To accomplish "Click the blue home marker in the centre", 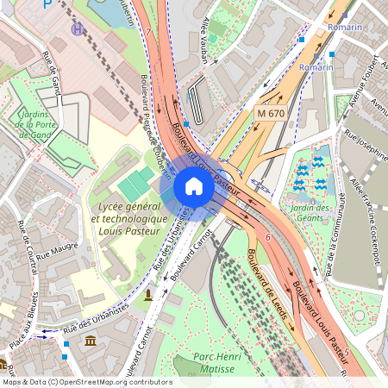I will pyautogui.click(x=194, y=186).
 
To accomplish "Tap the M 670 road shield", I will pyautogui.click(x=270, y=113).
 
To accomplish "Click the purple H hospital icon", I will pyautogui.click(x=79, y=29).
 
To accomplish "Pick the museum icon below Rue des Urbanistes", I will pyautogui.click(x=91, y=344).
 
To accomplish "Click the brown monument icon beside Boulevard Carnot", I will pyautogui.click(x=149, y=295).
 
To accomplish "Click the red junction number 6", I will pyautogui.click(x=268, y=237).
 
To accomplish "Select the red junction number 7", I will pyautogui.click(x=147, y=33).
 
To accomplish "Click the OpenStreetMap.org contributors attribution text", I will pyautogui.click(x=112, y=381).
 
